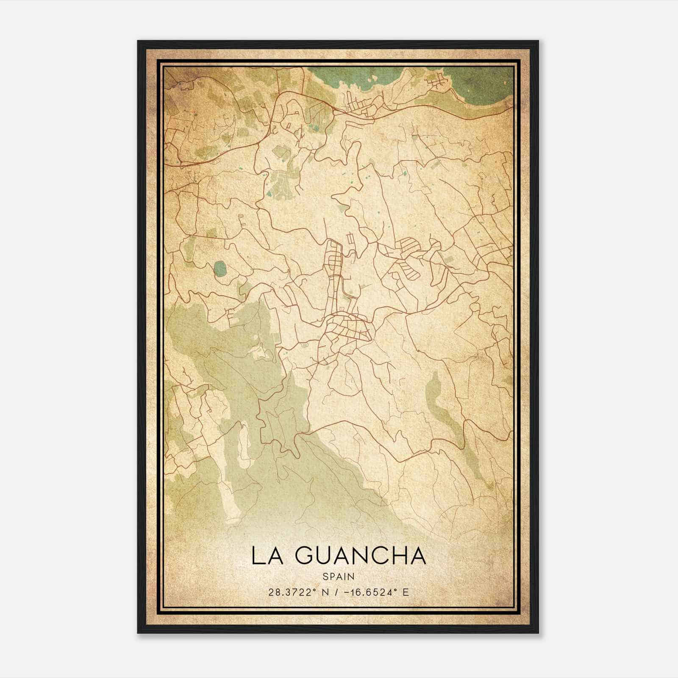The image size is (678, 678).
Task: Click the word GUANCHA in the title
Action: click(360, 556)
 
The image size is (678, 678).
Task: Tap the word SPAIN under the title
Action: click(338, 576)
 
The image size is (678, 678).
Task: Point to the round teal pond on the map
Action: click(220, 268)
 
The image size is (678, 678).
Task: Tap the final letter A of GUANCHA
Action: click(417, 556)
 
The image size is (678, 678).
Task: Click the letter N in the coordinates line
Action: click(325, 592)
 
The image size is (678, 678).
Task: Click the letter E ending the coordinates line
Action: click(406, 592)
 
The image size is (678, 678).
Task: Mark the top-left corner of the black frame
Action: click(139, 42)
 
